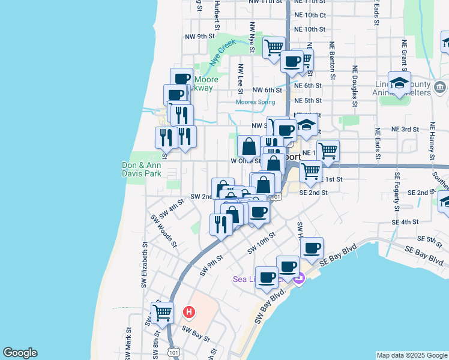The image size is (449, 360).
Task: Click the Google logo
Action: coord(20,353)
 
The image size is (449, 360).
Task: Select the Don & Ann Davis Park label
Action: coord(142,169)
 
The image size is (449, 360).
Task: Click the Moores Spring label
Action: coord(255,102)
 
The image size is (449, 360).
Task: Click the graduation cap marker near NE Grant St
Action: coord(399,84)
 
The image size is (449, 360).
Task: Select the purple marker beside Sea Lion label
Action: coord(300,279)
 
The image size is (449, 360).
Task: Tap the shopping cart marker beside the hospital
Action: coord(162,312)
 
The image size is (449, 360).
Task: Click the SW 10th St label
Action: coord(261,241)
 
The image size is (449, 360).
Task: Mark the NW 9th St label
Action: coord(200,37)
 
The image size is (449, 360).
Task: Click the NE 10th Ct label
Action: coord(310,15)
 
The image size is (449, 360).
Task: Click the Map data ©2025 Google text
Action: coord(412,355)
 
